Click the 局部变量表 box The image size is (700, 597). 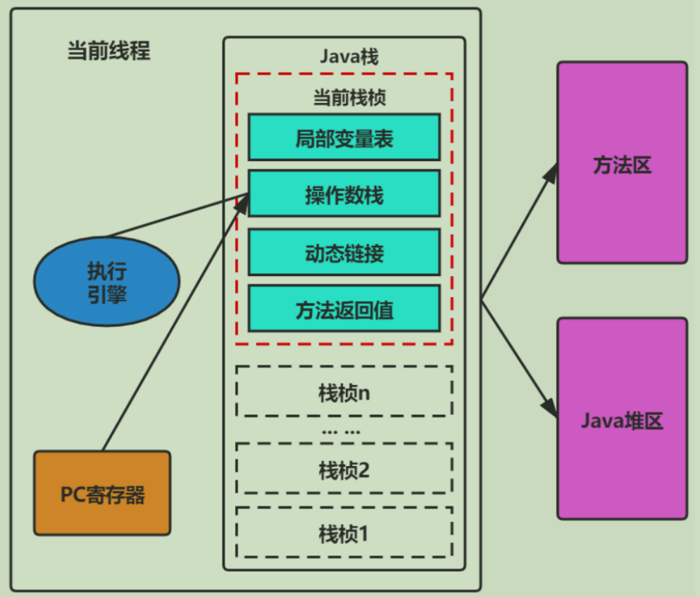(344, 137)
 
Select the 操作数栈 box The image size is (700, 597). (344, 194)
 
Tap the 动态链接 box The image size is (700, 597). (344, 252)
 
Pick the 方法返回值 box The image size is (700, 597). (344, 309)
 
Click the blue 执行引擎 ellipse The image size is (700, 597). (107, 282)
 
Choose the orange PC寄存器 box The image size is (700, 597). (102, 493)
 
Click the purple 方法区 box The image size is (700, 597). (623, 163)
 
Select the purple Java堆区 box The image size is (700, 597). (623, 418)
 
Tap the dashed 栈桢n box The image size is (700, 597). (344, 391)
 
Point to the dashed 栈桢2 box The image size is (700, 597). (344, 468)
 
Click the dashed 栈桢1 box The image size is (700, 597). (344, 532)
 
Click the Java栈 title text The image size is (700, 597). (349, 56)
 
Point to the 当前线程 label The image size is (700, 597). (108, 51)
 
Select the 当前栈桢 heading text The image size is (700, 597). (349, 97)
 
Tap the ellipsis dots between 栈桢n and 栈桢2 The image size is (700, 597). (341, 432)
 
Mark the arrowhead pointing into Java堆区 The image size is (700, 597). (550, 407)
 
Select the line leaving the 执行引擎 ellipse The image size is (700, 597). (177, 215)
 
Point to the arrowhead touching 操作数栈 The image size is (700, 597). (242, 205)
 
